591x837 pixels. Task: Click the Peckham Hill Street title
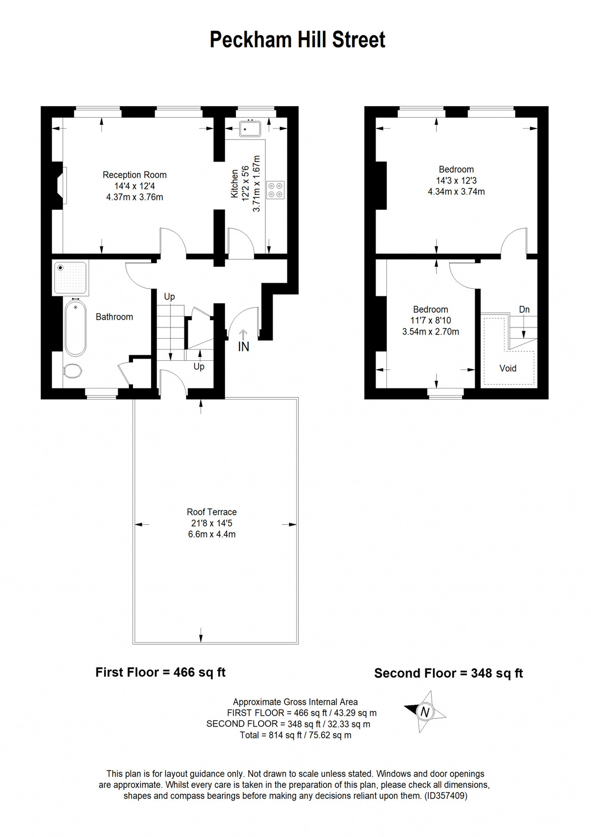click(x=297, y=40)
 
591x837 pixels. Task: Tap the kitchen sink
click(x=250, y=128)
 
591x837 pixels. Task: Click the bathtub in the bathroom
click(x=75, y=328)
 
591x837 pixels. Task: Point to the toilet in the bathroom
click(x=72, y=370)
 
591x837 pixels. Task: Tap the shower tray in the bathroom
click(x=71, y=278)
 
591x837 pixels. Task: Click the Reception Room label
click(x=134, y=175)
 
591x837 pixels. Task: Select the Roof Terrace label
click(x=211, y=512)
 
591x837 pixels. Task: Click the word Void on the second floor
click(x=508, y=368)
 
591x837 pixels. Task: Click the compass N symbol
click(x=425, y=712)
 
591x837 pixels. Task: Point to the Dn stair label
click(x=524, y=309)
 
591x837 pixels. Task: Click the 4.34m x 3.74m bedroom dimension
click(x=456, y=192)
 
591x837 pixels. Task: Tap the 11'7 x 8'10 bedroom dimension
click(x=430, y=321)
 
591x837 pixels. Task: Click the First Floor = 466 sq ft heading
click(x=160, y=672)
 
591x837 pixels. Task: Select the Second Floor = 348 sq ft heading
click(x=448, y=673)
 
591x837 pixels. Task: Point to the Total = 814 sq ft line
click(x=295, y=735)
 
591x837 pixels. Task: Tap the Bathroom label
click(x=114, y=317)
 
